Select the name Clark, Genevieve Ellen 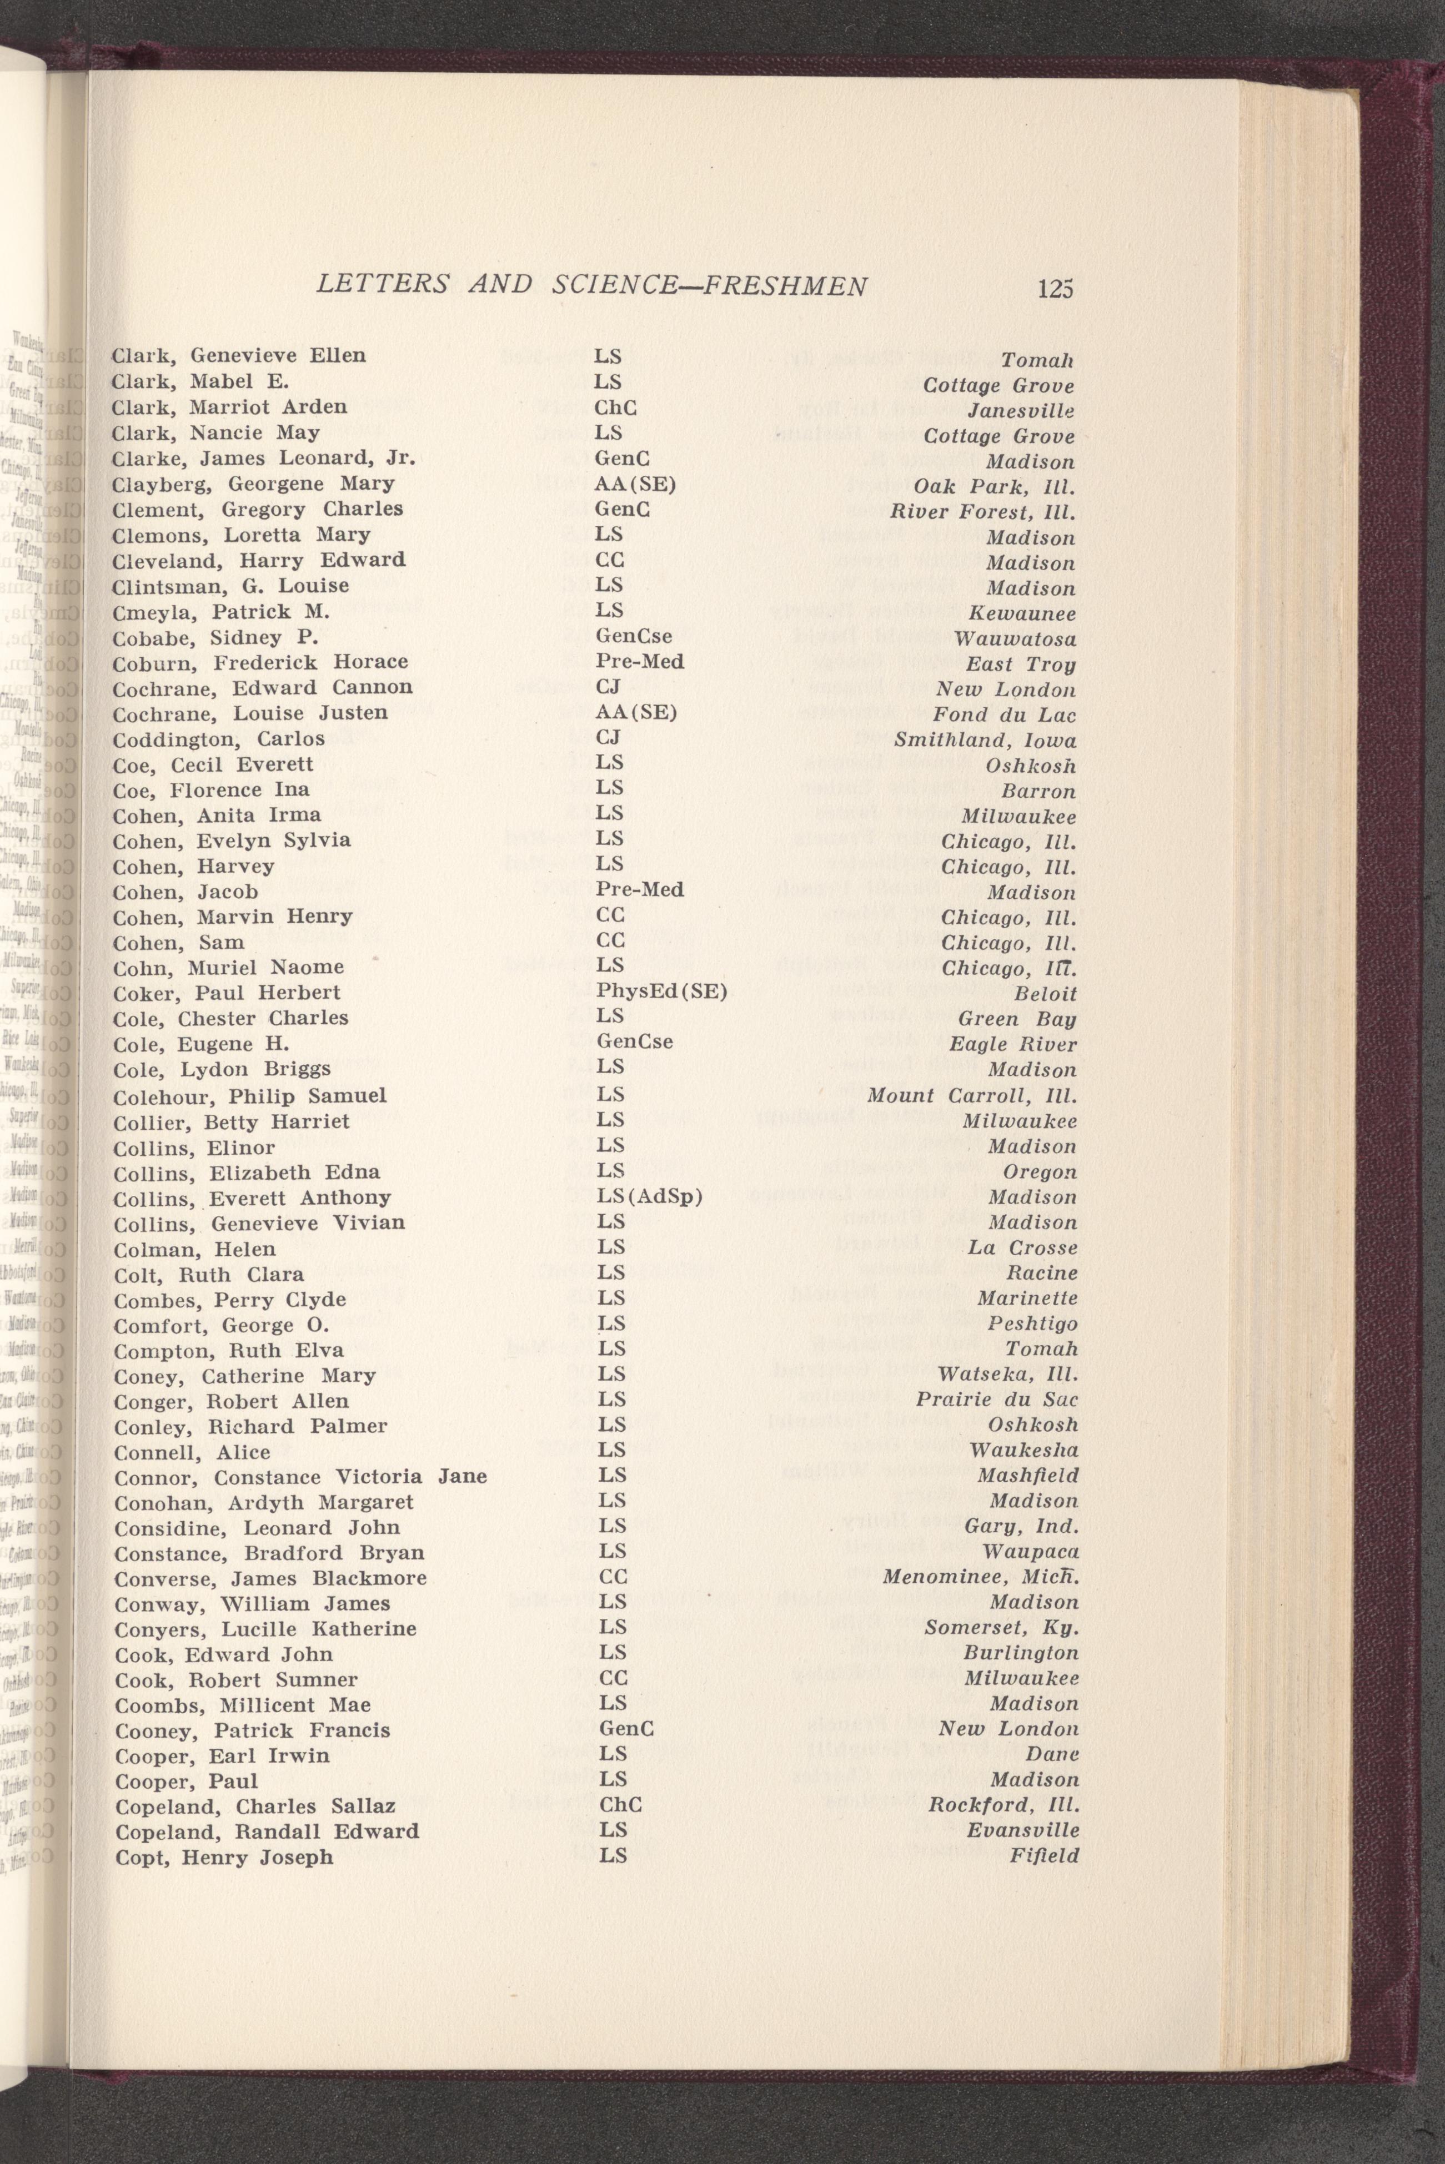[x=239, y=356]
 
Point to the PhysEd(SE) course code [x=661, y=992]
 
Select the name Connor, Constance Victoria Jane [x=300, y=1477]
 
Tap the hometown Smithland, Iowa [x=984, y=741]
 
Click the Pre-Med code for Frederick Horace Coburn [x=640, y=661]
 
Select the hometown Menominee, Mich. [x=981, y=1577]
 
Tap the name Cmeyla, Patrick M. [x=220, y=612]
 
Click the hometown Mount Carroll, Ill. [x=971, y=1096]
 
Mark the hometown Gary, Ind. [x=1021, y=1527]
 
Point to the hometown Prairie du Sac [x=997, y=1400]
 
